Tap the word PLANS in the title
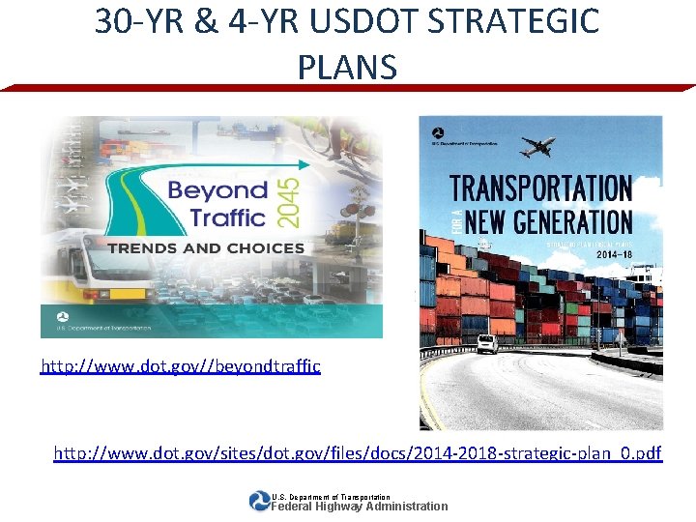(x=347, y=67)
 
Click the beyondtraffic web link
(x=180, y=367)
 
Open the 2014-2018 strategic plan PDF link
(x=358, y=452)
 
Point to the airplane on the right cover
(x=536, y=147)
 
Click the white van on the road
(x=487, y=344)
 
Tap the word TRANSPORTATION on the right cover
(x=541, y=188)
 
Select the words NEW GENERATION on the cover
(x=548, y=221)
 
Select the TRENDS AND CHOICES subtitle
(x=206, y=248)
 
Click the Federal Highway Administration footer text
(x=359, y=506)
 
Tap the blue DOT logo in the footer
(x=259, y=501)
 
